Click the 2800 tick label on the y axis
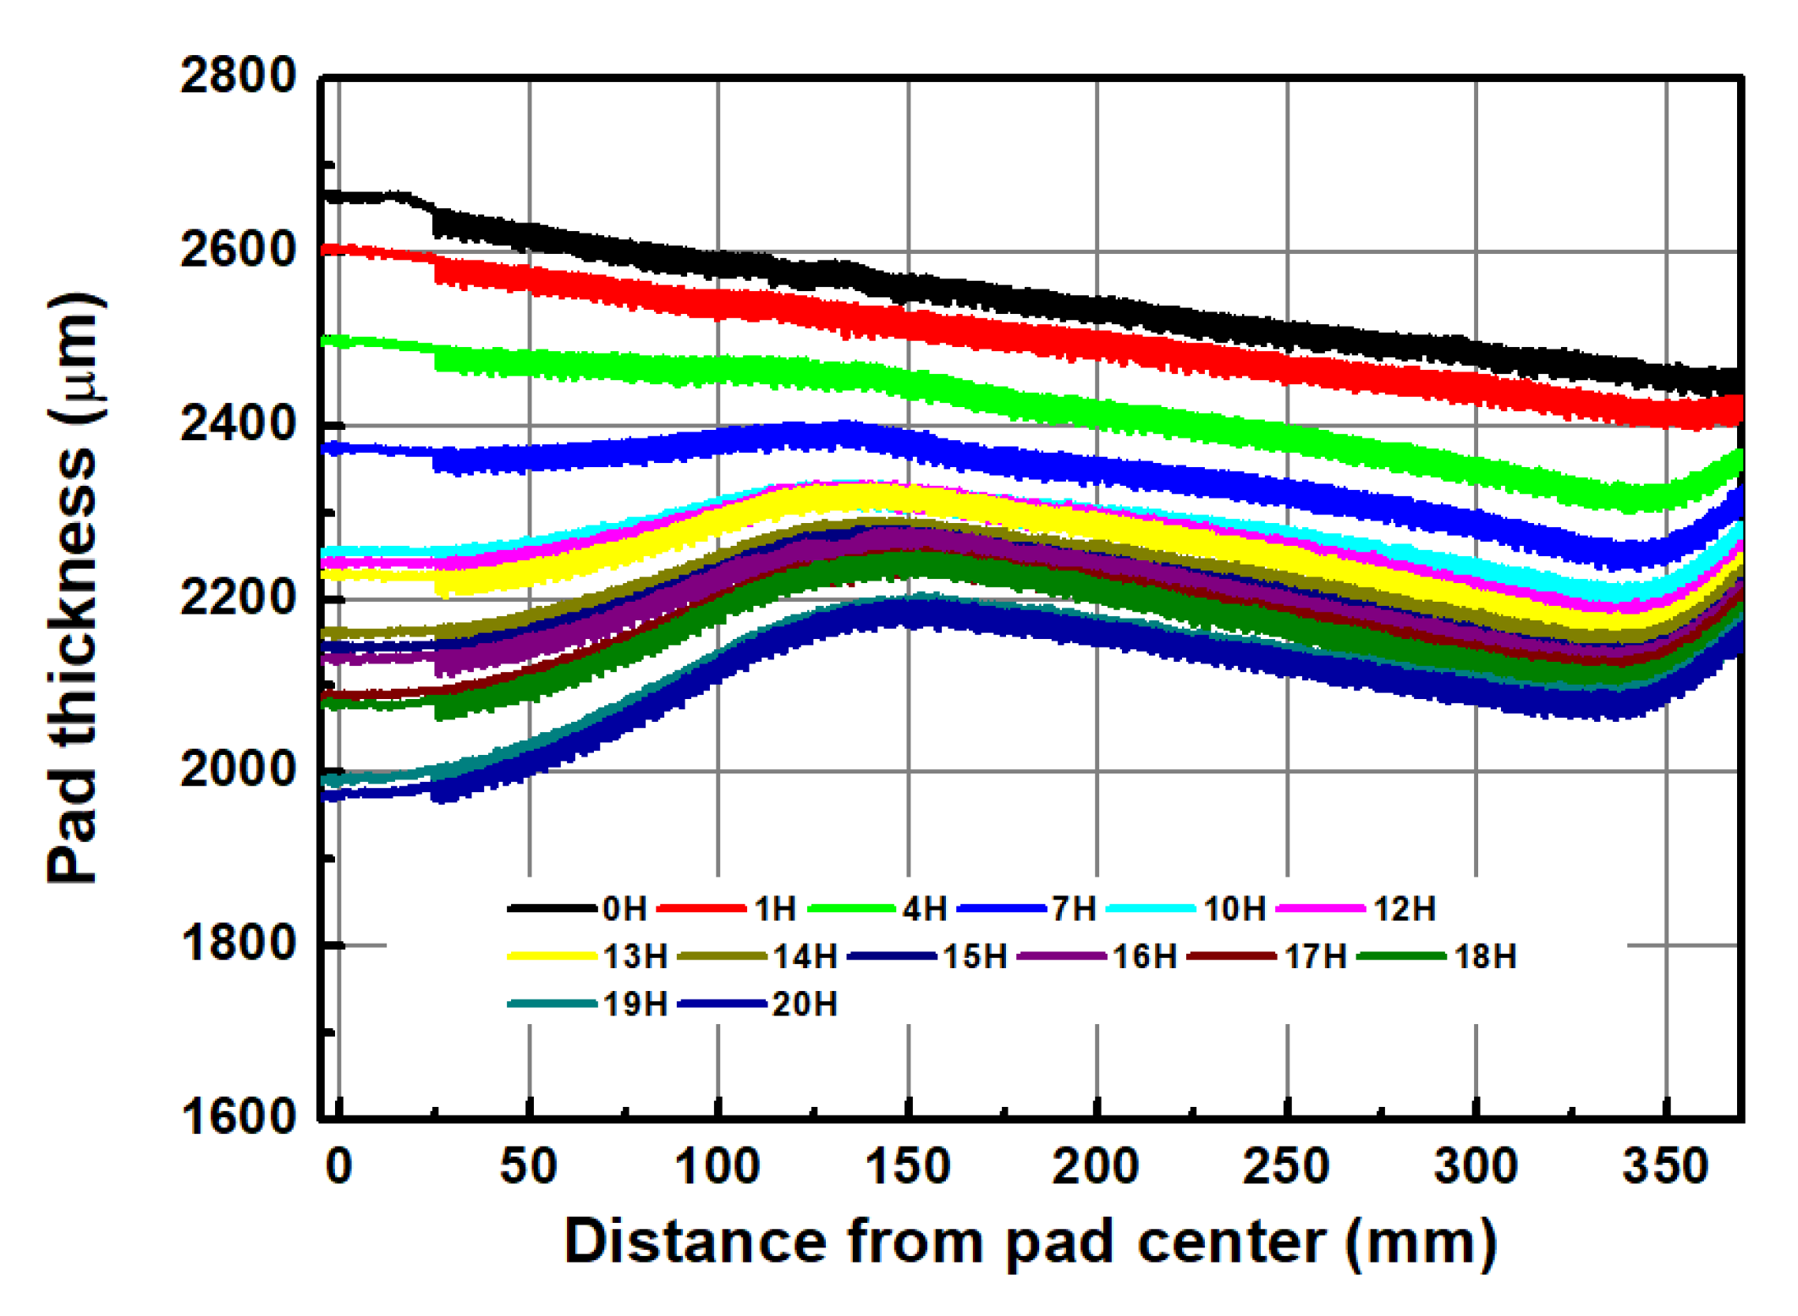[x=238, y=76]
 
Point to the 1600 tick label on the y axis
[x=238, y=1116]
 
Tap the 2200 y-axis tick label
[x=238, y=597]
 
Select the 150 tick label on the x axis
[x=908, y=1166]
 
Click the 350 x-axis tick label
[x=1665, y=1166]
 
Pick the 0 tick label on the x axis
[x=338, y=1166]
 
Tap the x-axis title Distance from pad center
[x=1030, y=1242]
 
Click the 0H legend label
[x=624, y=909]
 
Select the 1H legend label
[x=775, y=909]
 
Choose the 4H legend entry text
[x=925, y=909]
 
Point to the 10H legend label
[x=1234, y=909]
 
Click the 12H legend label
[x=1405, y=909]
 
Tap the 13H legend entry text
[x=635, y=956]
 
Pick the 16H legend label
[x=1144, y=956]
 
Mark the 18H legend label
[x=1485, y=956]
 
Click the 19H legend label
[x=635, y=1005]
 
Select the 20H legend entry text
[x=805, y=1005]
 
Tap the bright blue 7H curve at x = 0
[x=338, y=448]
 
